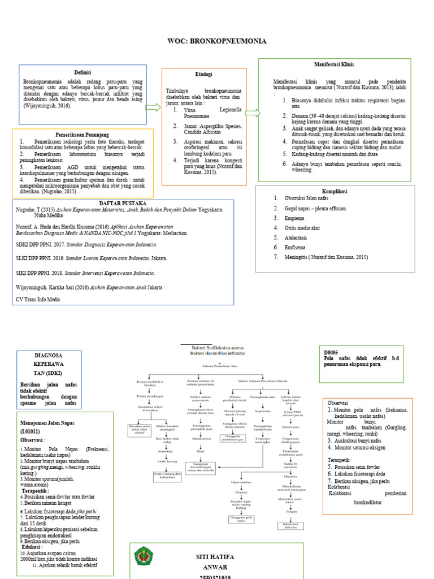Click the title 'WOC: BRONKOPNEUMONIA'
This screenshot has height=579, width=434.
(x=217, y=41)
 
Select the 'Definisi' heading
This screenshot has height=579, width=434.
(x=83, y=72)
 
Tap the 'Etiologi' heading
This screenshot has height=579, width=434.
(x=203, y=74)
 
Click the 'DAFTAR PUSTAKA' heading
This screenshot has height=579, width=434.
(x=123, y=202)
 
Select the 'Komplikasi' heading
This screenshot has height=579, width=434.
(x=335, y=191)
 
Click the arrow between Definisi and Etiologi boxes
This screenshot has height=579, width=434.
(x=154, y=107)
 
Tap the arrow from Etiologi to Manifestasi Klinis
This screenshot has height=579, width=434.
(x=252, y=113)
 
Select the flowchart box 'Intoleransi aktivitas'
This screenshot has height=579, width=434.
(x=290, y=525)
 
